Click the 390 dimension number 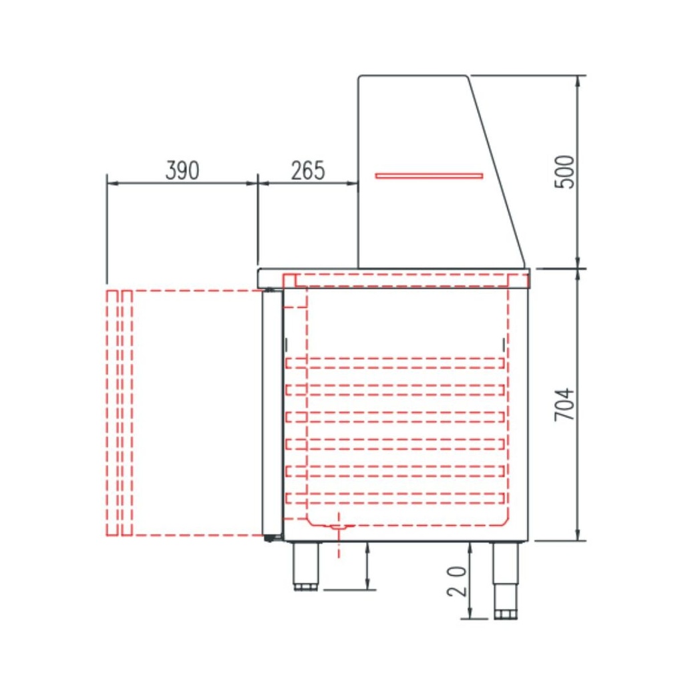click(182, 171)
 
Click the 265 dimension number click(308, 171)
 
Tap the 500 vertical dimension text click(565, 172)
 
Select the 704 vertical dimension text click(565, 404)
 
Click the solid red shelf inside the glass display click(429, 176)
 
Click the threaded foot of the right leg click(505, 613)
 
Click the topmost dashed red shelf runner click(394, 363)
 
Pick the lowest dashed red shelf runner click(394, 497)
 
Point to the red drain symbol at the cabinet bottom click(339, 528)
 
